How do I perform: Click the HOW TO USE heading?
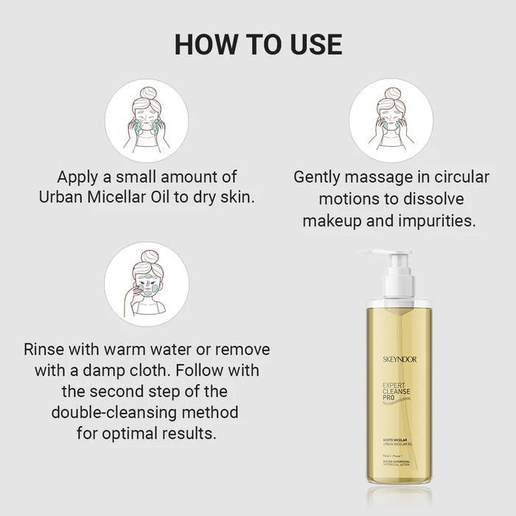[258, 44]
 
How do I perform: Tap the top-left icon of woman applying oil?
[146, 120]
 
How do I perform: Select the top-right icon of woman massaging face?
[390, 120]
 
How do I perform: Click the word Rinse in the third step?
[46, 349]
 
